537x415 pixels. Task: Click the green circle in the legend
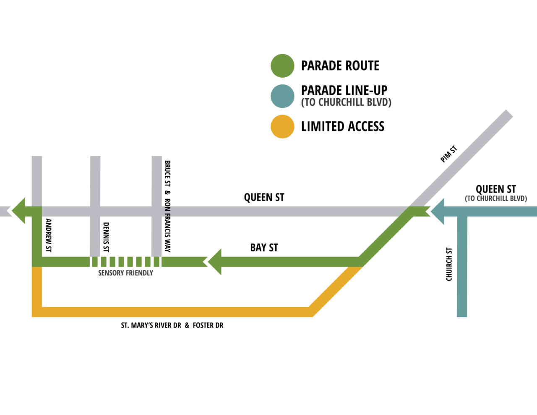282,65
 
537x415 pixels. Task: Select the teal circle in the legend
282,96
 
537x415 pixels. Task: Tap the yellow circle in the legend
282,126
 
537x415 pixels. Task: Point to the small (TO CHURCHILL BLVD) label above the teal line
495,198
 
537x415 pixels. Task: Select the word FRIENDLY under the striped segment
140,273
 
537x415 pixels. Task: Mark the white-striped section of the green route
125,262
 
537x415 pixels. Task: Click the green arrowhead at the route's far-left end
18,210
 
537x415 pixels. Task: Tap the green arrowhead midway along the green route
213,262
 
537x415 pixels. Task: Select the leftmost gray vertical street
37,180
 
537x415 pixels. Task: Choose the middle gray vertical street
95,180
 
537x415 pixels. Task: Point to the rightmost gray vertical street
157,180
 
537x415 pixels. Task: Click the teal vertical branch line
462,269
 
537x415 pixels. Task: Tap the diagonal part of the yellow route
336,290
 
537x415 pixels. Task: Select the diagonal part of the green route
386,236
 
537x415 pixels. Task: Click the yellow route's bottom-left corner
37,311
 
